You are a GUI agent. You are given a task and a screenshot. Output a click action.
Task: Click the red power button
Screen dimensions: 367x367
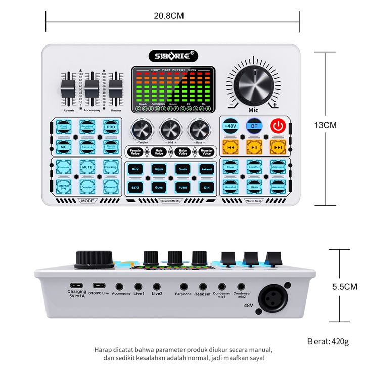tap(277, 126)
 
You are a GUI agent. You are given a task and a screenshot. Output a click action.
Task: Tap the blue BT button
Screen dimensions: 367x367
tap(254, 126)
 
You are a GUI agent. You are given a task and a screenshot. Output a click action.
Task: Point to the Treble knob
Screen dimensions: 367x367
tap(142, 130)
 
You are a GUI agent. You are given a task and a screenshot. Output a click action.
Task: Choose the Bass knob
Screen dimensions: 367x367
tap(199, 130)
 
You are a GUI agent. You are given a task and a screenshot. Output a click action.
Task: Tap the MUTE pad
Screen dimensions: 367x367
tap(87, 166)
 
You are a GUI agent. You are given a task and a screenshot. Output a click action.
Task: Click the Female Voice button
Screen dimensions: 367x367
tap(135, 152)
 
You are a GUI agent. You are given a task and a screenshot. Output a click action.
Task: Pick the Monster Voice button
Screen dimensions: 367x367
tap(206, 152)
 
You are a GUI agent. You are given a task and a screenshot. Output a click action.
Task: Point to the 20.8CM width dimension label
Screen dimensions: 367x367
tap(169, 15)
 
